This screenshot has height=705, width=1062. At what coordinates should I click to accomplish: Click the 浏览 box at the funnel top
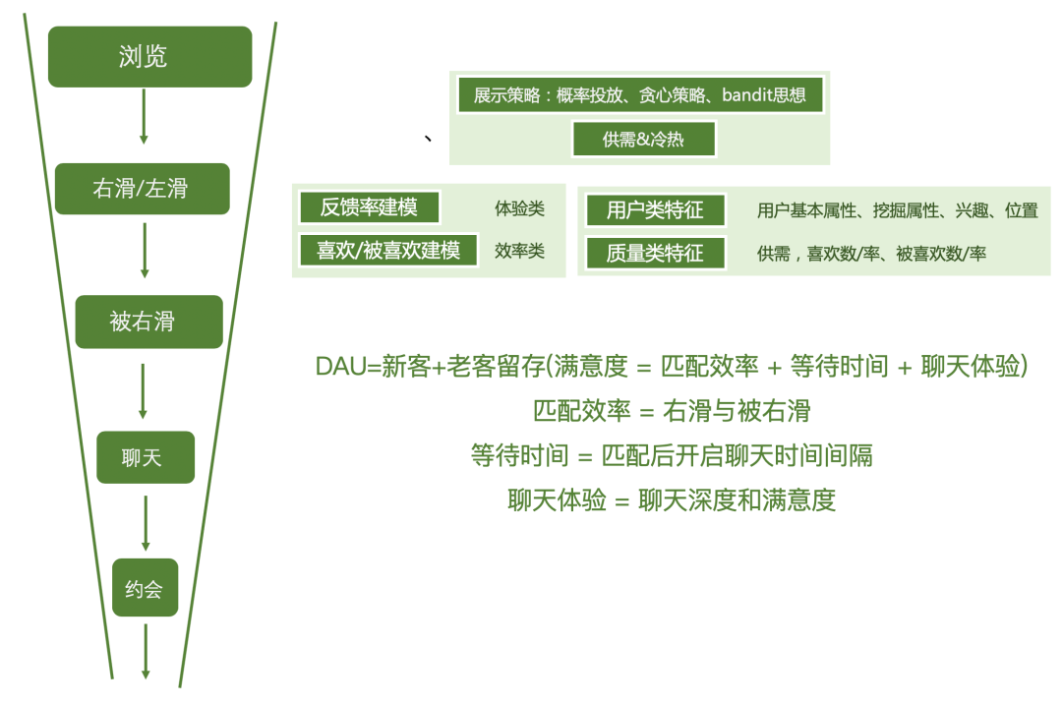click(x=149, y=57)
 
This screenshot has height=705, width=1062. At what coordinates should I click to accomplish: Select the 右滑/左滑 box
click(x=142, y=189)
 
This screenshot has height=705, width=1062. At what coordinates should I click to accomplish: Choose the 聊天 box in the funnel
click(x=145, y=457)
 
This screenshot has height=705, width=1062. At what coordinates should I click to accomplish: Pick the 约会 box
click(x=145, y=588)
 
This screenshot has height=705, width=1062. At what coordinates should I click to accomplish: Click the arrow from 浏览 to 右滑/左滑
click(x=145, y=116)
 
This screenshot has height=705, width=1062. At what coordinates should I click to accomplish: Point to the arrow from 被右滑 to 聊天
click(x=144, y=389)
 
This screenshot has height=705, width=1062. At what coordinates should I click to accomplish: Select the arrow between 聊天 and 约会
click(x=146, y=522)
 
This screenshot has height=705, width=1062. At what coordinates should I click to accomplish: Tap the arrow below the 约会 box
click(x=146, y=649)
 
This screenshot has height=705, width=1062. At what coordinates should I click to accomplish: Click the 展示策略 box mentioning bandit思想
click(x=639, y=96)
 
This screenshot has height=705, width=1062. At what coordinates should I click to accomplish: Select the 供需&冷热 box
click(x=643, y=139)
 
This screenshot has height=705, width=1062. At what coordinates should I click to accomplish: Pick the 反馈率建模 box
click(x=369, y=208)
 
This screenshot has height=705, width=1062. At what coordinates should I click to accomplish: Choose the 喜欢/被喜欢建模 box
click(x=387, y=250)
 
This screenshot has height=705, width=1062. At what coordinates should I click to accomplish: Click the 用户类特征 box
click(x=655, y=209)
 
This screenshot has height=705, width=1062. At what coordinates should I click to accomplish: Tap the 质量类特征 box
click(x=655, y=253)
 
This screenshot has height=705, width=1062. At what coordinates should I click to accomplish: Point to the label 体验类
click(x=519, y=209)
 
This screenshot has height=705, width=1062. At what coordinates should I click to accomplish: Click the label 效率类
click(x=519, y=252)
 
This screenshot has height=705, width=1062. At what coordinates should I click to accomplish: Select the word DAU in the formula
click(x=339, y=367)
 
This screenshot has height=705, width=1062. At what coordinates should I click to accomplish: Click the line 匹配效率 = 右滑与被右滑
click(x=672, y=411)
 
